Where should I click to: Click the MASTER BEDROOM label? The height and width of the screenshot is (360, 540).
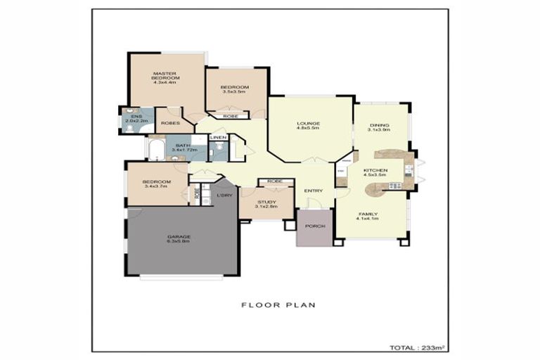click(166, 78)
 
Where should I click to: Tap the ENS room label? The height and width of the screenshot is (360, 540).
click(132, 119)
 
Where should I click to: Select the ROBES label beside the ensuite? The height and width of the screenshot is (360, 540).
click(169, 123)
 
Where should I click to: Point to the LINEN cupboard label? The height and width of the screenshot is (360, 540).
click(218, 137)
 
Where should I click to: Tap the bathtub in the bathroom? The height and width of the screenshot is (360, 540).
click(155, 149)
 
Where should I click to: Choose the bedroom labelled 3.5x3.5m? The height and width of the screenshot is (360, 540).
click(232, 89)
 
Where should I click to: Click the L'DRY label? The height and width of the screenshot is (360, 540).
click(225, 195)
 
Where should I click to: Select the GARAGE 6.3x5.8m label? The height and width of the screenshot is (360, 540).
click(179, 238)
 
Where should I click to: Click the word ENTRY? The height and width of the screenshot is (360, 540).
click(313, 191)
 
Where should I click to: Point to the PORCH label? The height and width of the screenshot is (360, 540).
click(314, 227)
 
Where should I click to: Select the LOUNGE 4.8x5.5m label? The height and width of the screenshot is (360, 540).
click(308, 127)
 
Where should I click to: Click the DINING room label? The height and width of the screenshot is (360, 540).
click(380, 127)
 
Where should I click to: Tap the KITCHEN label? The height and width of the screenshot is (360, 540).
click(375, 173)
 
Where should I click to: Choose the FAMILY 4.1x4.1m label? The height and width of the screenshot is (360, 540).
click(368, 216)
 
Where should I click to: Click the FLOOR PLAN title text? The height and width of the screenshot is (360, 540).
click(278, 305)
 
